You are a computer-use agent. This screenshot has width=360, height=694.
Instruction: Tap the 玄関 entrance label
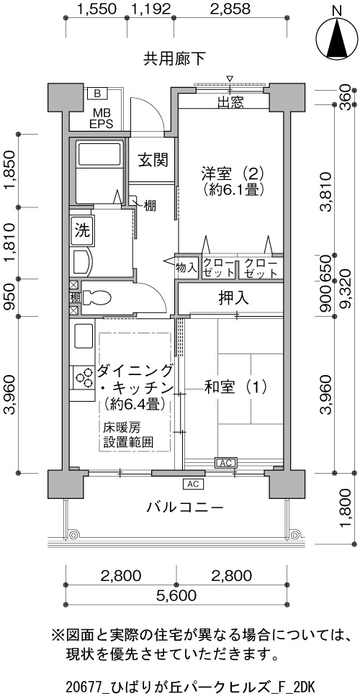153,160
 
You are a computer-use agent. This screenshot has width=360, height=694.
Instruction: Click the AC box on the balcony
193,483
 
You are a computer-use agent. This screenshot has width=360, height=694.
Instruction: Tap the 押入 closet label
233,298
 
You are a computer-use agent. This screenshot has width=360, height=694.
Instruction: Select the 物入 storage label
186,267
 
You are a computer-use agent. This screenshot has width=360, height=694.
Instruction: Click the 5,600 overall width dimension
176,595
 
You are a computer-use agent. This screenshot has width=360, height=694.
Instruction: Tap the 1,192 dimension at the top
151,9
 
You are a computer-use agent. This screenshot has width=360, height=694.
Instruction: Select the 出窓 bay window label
230,102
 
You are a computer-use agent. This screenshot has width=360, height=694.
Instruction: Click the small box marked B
98,94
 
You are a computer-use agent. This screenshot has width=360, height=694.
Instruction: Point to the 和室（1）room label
235,387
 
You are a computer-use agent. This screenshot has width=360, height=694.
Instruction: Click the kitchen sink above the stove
84,336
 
